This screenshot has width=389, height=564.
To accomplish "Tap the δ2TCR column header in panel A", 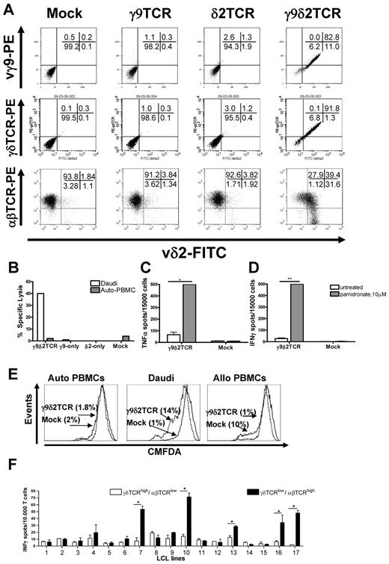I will click(239, 13).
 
